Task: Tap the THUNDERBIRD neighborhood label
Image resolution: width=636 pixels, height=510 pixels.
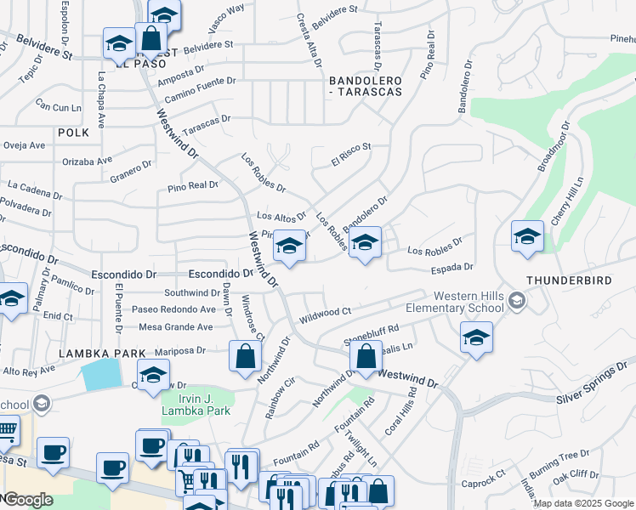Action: pos(569,280)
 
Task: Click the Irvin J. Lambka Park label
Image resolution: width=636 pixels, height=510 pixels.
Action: pos(196,405)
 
